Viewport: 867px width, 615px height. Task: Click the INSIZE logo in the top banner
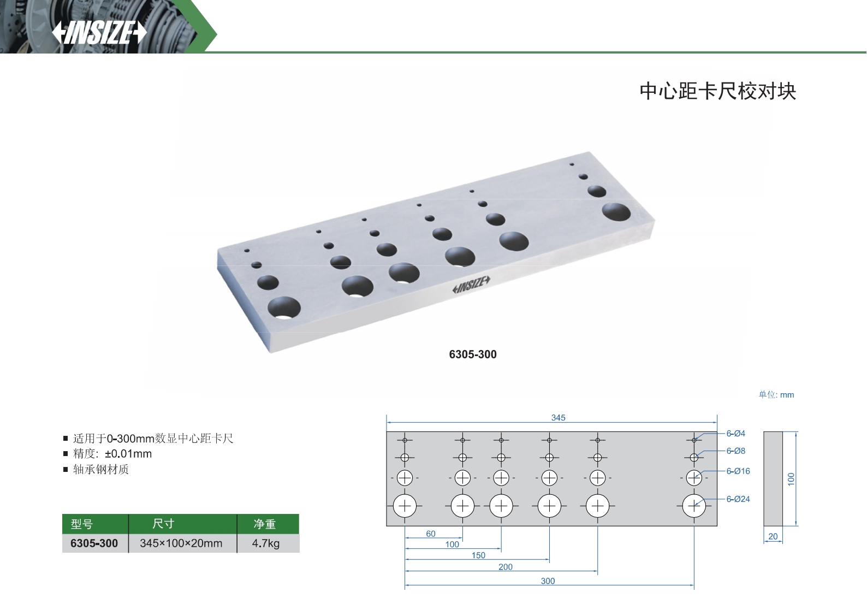(x=99, y=33)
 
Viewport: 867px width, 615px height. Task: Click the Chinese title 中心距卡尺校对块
(x=717, y=91)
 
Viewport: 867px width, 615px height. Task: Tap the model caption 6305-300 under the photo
(x=473, y=354)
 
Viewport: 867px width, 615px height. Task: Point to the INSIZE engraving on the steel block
(x=471, y=284)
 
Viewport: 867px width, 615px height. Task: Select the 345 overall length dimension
(x=558, y=417)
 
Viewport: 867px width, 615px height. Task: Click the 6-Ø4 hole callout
(x=735, y=433)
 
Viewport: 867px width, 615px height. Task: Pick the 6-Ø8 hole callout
(x=735, y=451)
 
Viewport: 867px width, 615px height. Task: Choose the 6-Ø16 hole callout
(x=738, y=471)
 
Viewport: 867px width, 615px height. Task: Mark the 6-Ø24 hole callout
(x=738, y=499)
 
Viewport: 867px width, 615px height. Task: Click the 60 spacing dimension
(x=431, y=534)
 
